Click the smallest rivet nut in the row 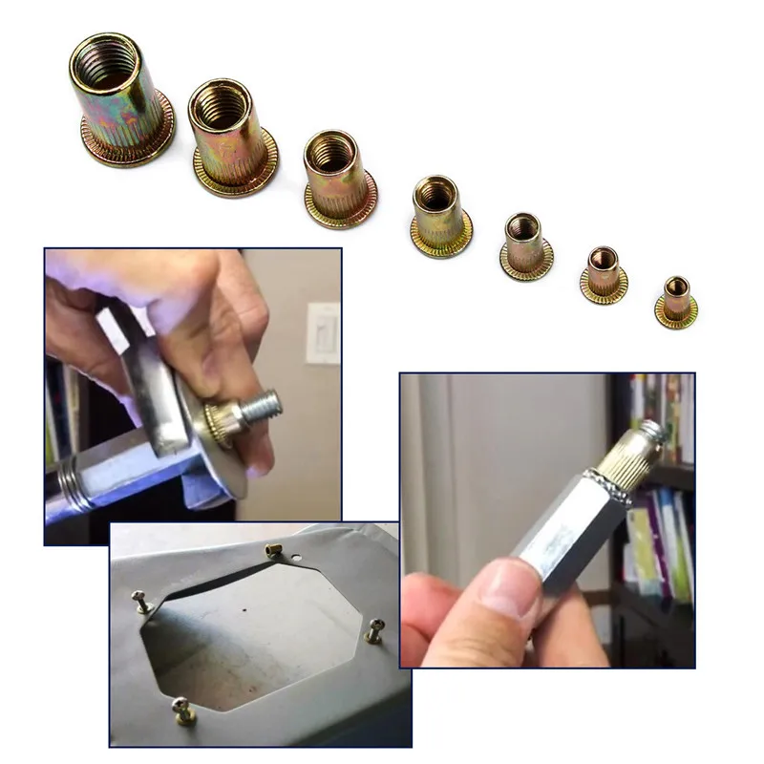(676, 299)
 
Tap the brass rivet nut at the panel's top (270, 548)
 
